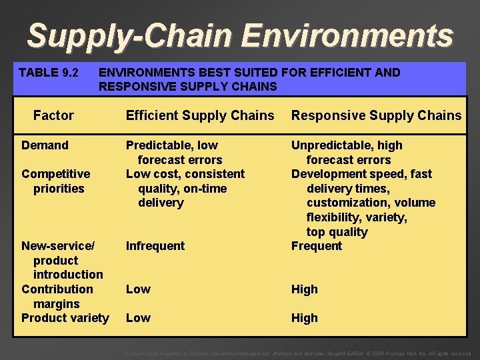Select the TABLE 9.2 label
(x=49, y=72)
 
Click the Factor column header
(x=53, y=115)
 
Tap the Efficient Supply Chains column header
(x=200, y=115)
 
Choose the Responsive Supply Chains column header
(x=376, y=115)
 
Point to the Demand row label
(x=45, y=145)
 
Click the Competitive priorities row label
(x=55, y=181)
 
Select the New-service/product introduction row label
(x=61, y=260)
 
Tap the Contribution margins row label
(x=57, y=296)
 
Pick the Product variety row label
(x=65, y=317)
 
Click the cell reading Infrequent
(x=155, y=246)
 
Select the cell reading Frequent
(x=317, y=246)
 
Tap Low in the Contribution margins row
(x=138, y=289)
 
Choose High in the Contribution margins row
(x=304, y=289)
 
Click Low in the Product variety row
(x=138, y=318)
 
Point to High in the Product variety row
(x=304, y=318)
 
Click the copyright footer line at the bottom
(x=298, y=353)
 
